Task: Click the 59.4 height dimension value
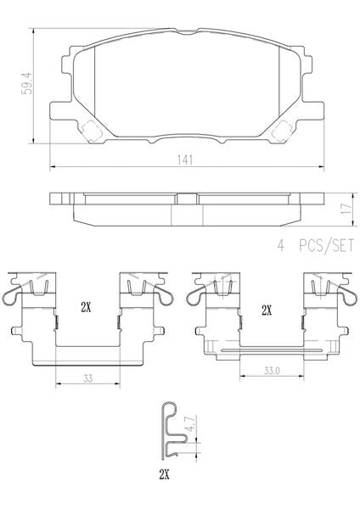click(27, 83)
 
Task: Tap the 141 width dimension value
click(184, 160)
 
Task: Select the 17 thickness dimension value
click(347, 208)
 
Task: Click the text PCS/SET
click(326, 245)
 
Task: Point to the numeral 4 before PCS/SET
click(280, 245)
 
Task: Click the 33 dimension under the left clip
click(87, 378)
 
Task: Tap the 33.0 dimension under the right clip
click(272, 371)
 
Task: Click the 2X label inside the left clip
click(86, 308)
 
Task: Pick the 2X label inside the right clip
click(267, 311)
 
